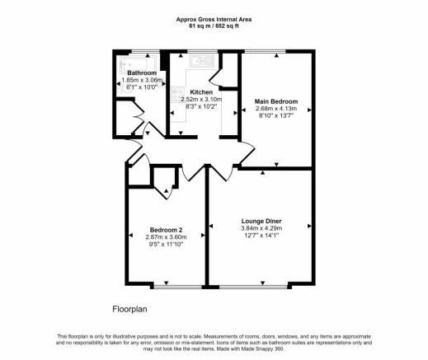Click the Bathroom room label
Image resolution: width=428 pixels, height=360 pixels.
(142, 73)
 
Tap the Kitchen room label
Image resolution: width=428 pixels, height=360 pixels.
(201, 92)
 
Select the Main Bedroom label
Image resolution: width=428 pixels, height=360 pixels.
(276, 101)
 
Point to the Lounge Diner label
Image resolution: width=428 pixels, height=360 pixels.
(261, 221)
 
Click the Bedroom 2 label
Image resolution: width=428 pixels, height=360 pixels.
(166, 230)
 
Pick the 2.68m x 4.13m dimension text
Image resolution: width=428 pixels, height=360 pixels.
(276, 109)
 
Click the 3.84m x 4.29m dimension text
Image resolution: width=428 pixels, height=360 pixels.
(261, 228)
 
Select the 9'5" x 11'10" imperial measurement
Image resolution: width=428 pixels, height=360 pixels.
(166, 244)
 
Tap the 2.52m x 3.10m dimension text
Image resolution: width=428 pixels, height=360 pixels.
(201, 100)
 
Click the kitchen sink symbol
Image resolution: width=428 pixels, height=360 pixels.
(202, 61)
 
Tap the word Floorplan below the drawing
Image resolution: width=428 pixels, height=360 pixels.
(129, 309)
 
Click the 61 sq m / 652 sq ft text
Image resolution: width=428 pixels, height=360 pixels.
(214, 26)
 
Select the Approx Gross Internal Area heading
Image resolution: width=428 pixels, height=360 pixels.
(214, 20)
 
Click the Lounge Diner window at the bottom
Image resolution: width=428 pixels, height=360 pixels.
(253, 287)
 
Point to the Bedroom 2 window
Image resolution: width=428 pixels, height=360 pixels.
(178, 287)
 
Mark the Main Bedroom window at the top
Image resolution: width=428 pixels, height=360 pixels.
(266, 51)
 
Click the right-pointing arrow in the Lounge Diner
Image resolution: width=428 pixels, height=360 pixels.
(309, 226)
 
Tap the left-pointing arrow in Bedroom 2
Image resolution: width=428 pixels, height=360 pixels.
(131, 236)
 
